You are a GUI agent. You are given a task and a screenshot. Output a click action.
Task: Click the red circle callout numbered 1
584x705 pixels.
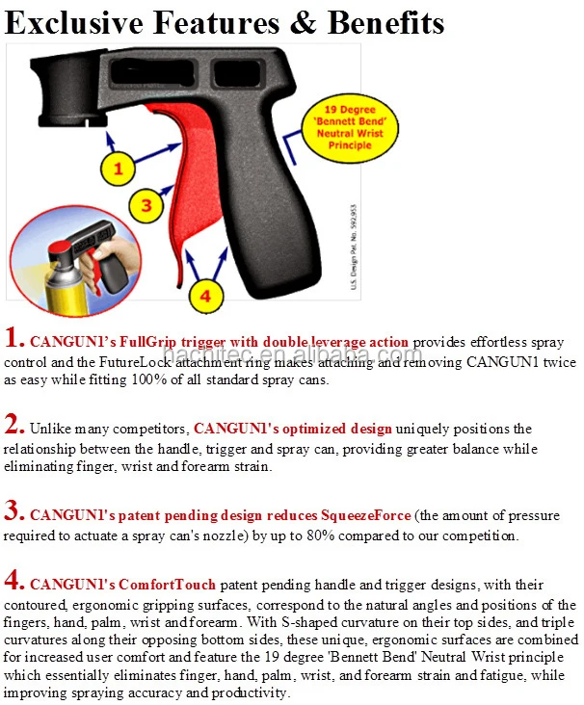click(x=119, y=170)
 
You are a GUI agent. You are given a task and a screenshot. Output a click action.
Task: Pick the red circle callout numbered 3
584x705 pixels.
click(x=146, y=205)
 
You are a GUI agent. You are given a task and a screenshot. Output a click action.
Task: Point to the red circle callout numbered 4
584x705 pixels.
click(x=204, y=295)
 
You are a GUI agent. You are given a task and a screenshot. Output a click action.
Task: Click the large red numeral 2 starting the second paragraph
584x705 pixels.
click(x=13, y=425)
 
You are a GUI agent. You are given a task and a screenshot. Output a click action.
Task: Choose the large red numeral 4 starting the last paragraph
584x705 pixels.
click(x=13, y=581)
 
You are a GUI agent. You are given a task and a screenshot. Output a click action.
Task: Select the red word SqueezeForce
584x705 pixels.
click(x=359, y=516)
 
